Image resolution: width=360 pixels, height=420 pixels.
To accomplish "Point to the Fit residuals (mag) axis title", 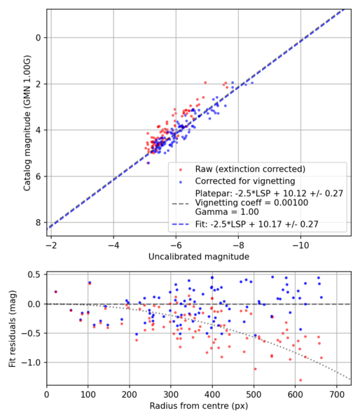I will [x=11, y=329].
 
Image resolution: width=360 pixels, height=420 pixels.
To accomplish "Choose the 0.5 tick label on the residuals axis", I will [x=32, y=274].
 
